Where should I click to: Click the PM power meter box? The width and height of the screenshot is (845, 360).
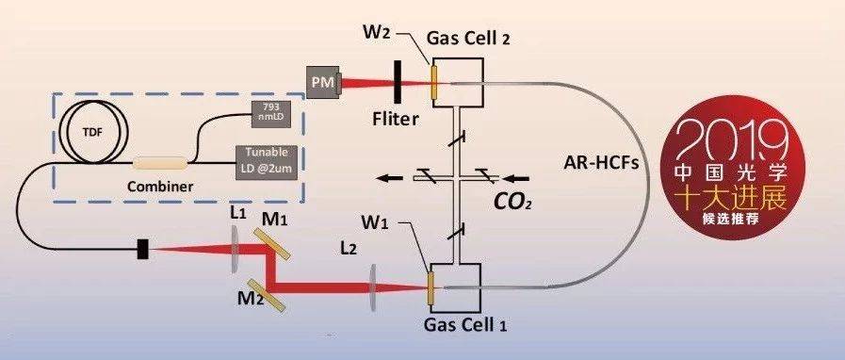323,83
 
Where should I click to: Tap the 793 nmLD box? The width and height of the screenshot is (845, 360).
272,115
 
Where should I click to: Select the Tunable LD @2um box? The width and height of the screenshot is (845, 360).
268,160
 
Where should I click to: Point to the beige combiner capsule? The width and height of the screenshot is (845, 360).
160,162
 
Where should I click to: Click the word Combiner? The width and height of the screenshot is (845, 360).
160,187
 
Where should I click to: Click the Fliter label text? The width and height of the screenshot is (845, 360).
395,119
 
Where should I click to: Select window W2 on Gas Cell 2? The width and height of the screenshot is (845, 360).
432,82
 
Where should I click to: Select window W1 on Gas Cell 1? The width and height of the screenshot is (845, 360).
431,291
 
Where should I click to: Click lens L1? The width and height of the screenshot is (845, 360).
236,249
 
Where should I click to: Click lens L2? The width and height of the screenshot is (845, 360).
373,287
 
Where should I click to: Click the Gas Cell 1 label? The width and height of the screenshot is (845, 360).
465,324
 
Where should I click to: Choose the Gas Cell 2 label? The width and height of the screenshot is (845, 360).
468,39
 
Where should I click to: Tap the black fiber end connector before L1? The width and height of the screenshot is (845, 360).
142,249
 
